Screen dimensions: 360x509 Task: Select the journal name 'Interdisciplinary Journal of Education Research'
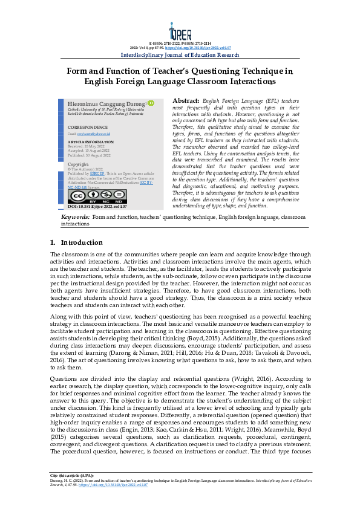tap(180, 55)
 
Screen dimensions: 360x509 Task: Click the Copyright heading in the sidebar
tap(78, 164)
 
